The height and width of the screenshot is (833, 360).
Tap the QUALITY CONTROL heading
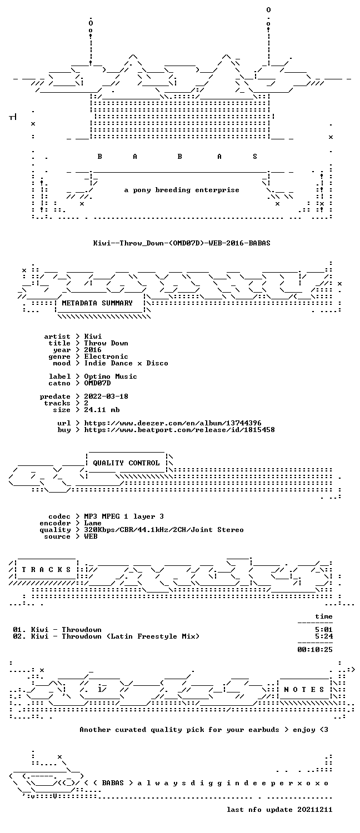coord(126,463)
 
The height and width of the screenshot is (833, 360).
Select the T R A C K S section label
coord(46,570)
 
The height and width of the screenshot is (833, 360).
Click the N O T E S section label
coord(304,690)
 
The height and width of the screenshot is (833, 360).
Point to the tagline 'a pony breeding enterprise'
coord(182,190)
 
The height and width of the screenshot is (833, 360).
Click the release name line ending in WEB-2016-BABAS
coord(182,243)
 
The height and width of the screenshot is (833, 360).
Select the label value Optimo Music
coord(111,377)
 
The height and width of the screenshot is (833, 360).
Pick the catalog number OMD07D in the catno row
coord(97,383)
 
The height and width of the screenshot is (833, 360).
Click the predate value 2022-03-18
coord(106,397)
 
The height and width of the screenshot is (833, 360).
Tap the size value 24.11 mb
coord(102,410)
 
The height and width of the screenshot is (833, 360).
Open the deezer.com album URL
coord(173,423)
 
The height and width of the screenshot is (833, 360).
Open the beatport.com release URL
coord(179,430)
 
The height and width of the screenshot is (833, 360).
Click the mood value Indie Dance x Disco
coord(126,363)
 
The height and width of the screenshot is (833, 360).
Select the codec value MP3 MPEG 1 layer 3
coord(124,516)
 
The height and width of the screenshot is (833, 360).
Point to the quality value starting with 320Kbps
coord(164,530)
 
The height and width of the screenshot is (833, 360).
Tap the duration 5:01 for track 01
coord(323,630)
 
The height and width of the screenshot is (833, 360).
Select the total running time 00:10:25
coord(314,650)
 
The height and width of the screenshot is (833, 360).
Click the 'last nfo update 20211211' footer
coord(279,810)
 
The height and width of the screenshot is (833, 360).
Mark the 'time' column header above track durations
coord(323,616)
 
